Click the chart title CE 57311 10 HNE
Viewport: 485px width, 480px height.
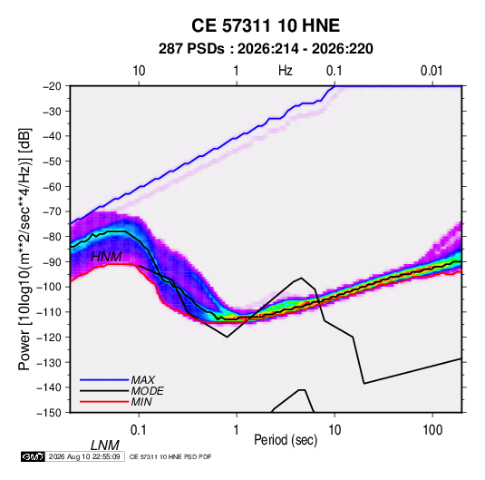click(266, 25)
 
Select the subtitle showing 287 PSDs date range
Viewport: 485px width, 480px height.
click(266, 49)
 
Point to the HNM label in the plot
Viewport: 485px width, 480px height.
click(106, 257)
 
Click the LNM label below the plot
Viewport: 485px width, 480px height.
click(104, 446)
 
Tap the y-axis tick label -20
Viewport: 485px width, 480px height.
click(53, 86)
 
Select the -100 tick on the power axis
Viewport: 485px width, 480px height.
click(49, 287)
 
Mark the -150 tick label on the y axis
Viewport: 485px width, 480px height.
click(49, 413)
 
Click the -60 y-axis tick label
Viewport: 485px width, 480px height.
click(53, 186)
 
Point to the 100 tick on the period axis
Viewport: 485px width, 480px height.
click(432, 430)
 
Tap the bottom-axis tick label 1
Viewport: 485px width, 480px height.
click(237, 430)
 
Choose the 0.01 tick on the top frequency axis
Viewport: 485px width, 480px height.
click(432, 71)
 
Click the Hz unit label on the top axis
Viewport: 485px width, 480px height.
click(286, 71)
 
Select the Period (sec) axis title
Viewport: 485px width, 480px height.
click(286, 440)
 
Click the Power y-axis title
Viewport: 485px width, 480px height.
click(24, 249)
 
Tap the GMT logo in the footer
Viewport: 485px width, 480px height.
click(34, 456)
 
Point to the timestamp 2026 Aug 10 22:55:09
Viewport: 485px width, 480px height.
click(84, 456)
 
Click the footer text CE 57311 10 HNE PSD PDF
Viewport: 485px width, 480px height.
click(170, 456)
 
